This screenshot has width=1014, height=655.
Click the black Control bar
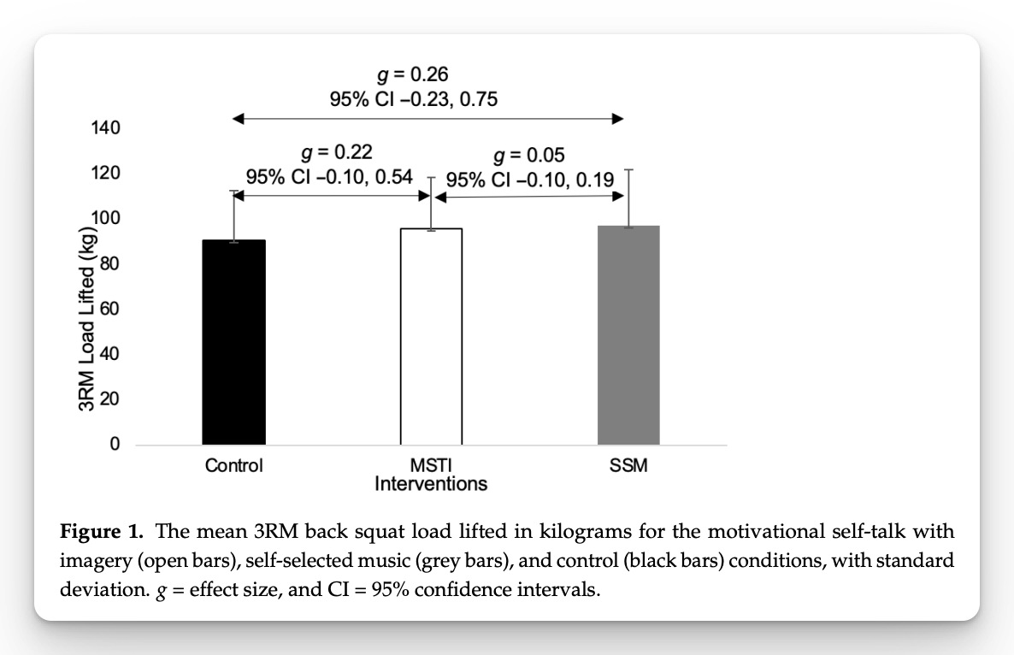(x=233, y=342)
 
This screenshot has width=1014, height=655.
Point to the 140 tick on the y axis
(x=106, y=128)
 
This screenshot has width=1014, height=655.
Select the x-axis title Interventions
(x=431, y=484)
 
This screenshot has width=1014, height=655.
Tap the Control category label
(x=233, y=466)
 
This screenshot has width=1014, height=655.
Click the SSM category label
(x=628, y=466)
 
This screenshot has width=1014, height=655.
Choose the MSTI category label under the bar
(x=431, y=466)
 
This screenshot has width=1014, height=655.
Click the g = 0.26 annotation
(x=414, y=75)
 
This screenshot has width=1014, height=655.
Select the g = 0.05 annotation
(x=529, y=155)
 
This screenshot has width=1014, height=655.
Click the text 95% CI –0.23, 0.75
(x=414, y=99)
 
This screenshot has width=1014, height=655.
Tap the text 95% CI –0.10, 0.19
(x=518, y=180)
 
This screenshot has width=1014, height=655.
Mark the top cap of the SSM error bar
(x=628, y=170)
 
